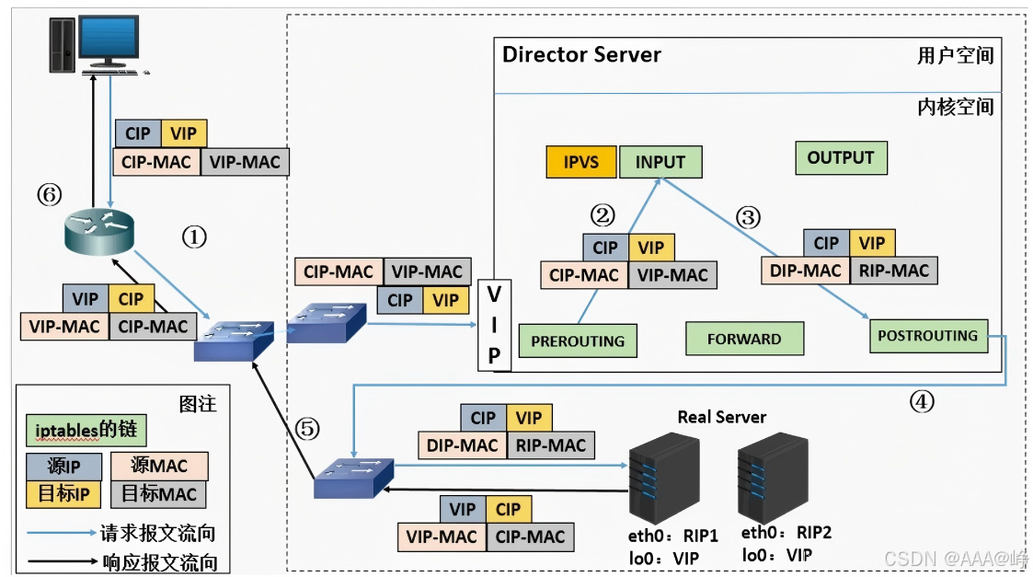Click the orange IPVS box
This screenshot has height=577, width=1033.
(x=581, y=162)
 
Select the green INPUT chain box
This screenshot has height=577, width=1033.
(x=660, y=162)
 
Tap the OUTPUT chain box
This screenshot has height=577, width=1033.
(x=841, y=158)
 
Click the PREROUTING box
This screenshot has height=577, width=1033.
(x=578, y=340)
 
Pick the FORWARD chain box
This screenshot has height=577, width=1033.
(x=744, y=339)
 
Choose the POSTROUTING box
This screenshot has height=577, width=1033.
(x=928, y=336)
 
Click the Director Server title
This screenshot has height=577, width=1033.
(x=581, y=54)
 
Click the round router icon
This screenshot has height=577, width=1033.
(x=99, y=232)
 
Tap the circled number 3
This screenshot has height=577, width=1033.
(x=748, y=217)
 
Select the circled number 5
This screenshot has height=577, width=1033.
(x=307, y=429)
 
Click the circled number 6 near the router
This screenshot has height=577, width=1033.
(x=50, y=194)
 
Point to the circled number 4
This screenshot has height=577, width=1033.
(x=922, y=401)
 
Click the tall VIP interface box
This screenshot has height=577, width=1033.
(x=494, y=325)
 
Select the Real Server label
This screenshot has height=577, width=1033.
(x=722, y=418)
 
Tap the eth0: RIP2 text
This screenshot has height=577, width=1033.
(x=786, y=532)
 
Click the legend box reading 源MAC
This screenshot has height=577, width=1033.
(x=159, y=466)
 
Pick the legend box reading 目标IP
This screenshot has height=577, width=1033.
(x=63, y=494)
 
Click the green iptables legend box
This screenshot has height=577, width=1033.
(x=86, y=430)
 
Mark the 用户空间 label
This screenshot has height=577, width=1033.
(x=955, y=55)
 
